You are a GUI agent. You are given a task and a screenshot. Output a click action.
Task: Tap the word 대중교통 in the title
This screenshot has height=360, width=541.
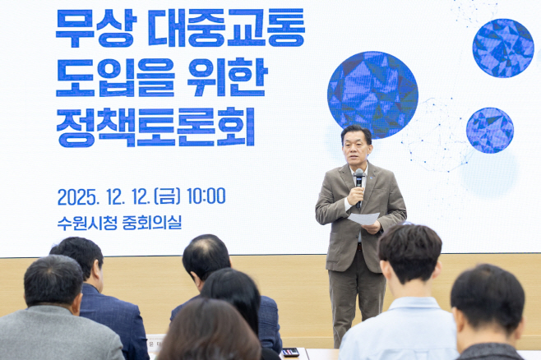226,29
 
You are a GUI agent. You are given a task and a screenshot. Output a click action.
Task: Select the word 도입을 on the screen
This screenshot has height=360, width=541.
115,79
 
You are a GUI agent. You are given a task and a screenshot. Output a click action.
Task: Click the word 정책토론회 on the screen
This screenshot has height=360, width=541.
155,127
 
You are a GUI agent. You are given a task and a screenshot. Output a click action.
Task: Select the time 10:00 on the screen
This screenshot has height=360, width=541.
206,196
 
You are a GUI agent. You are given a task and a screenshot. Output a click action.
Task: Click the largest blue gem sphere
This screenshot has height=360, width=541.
372,95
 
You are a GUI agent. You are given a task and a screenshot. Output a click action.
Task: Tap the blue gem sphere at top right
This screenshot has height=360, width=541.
503,48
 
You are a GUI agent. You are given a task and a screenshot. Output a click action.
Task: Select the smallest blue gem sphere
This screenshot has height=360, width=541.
490,130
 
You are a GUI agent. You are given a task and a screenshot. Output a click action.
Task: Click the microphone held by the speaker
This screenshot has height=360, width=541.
359,178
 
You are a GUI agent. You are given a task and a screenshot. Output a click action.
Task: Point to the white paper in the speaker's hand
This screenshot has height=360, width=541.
363,219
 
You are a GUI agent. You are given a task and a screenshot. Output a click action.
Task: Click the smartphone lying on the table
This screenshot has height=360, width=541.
290,352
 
